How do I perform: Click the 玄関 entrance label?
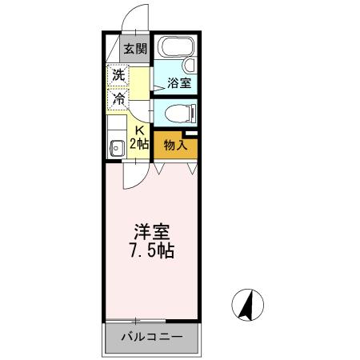coord(134,47)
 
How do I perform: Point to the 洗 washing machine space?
coord(118,77)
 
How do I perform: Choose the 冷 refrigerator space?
coord(118,99)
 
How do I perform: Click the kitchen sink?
coord(115,146)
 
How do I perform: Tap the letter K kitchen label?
coord(138,131)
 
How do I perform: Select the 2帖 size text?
coord(138,144)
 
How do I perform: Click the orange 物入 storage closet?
coord(175,145)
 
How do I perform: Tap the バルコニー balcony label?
coord(150,336)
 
